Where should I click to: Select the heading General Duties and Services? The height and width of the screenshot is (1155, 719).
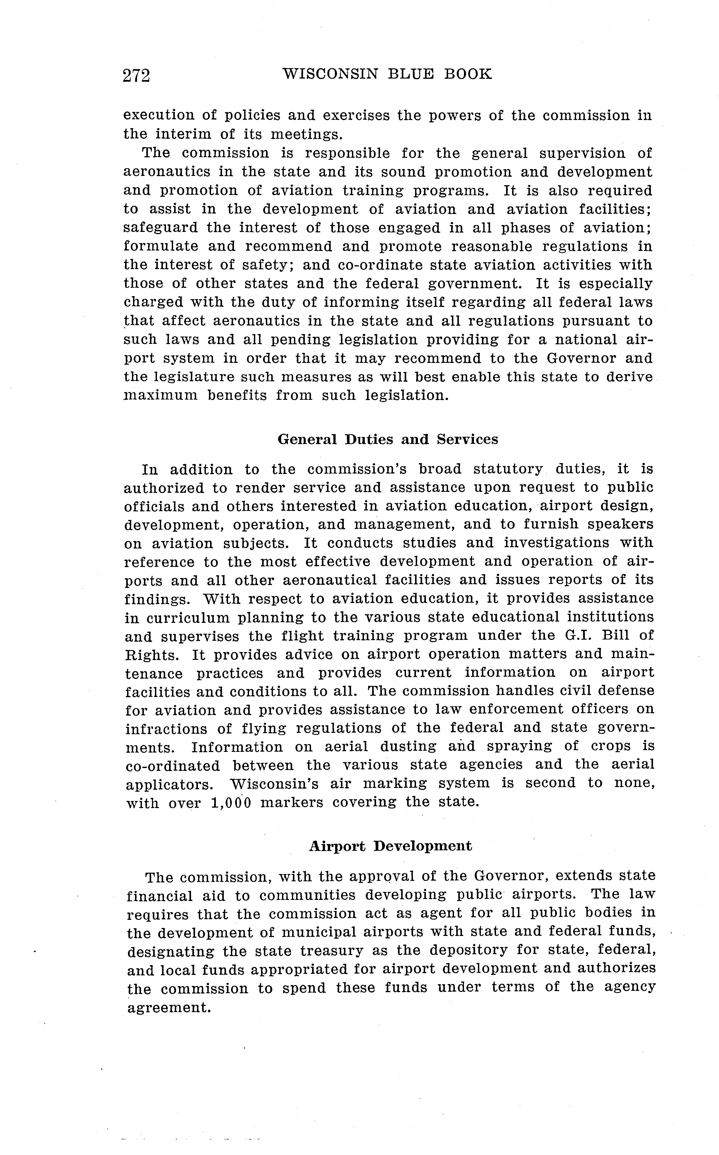click(388, 439)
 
